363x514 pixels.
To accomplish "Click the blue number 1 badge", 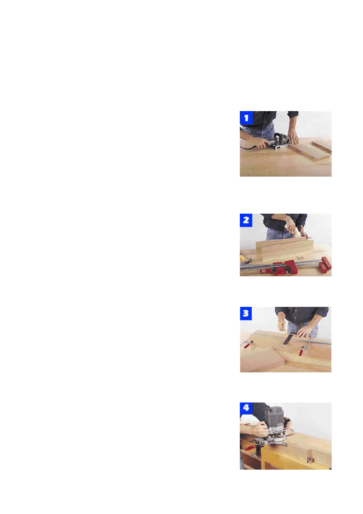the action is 246,118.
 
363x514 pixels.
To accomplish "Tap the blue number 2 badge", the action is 246,220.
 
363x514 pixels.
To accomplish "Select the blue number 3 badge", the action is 246,313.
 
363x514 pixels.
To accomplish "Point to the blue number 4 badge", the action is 246,408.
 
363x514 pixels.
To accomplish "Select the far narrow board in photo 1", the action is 322,145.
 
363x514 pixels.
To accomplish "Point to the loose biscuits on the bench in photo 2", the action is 300,258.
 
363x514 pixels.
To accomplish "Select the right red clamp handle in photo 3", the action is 302,352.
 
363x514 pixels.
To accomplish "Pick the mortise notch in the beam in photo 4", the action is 310,457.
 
